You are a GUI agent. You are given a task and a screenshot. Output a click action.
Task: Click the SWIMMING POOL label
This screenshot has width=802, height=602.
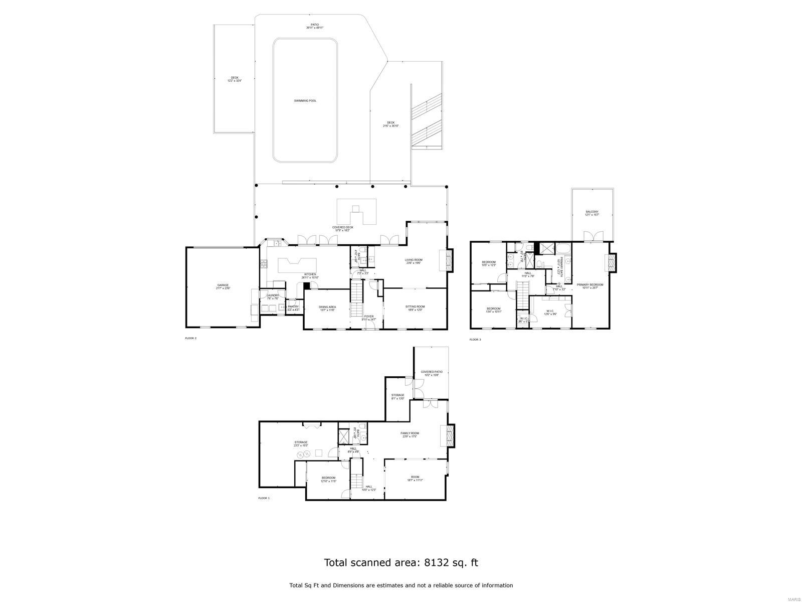[305, 101]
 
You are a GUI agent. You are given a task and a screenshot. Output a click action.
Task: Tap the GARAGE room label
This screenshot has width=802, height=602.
[223, 285]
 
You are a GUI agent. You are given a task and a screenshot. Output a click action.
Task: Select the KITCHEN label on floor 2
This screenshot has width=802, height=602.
[310, 274]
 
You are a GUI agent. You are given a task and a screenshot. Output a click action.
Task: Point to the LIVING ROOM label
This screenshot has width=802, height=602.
[414, 260]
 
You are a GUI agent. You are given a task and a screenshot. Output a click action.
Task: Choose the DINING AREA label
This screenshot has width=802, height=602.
[327, 307]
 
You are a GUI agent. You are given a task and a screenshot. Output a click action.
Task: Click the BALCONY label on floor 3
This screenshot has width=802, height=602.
[592, 212]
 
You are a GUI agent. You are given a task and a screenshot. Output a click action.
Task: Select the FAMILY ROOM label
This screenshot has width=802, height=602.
[410, 433]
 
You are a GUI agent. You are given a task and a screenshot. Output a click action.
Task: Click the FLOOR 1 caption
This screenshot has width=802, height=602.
[264, 498]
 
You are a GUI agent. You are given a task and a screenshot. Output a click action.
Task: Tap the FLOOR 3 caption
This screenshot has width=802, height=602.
[475, 340]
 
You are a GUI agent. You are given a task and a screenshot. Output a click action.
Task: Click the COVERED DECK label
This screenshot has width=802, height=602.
[343, 227]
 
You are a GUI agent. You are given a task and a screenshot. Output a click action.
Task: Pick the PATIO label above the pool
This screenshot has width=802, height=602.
[314, 25]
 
